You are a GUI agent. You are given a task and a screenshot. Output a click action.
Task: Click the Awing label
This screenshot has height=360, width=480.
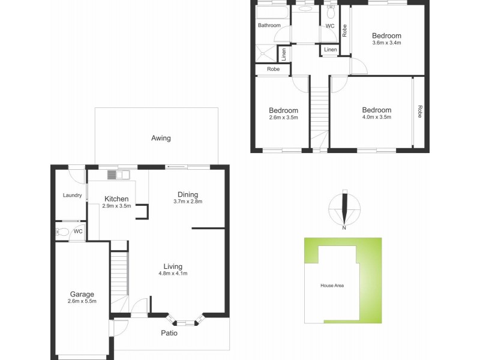[161, 138]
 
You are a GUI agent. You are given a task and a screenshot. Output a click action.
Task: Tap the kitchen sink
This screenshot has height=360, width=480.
[118, 175]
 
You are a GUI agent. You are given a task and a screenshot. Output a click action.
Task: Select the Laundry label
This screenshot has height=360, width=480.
[72, 196]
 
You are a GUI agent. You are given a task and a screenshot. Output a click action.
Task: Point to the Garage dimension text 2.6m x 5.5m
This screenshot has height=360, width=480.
[82, 301]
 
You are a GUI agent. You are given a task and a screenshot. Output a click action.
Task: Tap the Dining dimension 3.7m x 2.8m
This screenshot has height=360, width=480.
[188, 202]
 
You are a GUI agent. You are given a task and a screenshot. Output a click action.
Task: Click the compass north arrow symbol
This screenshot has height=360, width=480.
[344, 209]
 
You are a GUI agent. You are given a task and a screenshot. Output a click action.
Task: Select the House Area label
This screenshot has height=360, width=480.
[332, 285]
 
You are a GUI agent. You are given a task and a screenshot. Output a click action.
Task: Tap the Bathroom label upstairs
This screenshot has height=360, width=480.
[269, 26]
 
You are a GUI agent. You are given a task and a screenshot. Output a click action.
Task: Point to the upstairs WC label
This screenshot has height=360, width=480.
[330, 26]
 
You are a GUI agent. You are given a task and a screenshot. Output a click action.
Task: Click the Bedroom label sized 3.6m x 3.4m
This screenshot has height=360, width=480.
[386, 36]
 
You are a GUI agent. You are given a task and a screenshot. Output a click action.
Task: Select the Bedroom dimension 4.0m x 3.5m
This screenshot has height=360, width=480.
[376, 118]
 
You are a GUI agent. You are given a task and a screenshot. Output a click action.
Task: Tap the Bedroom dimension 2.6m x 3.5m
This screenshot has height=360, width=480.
[283, 118]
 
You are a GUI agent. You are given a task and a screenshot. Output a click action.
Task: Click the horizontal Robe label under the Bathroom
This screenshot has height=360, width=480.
[273, 70]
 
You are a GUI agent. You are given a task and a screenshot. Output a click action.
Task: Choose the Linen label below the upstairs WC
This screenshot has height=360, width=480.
[330, 50]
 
